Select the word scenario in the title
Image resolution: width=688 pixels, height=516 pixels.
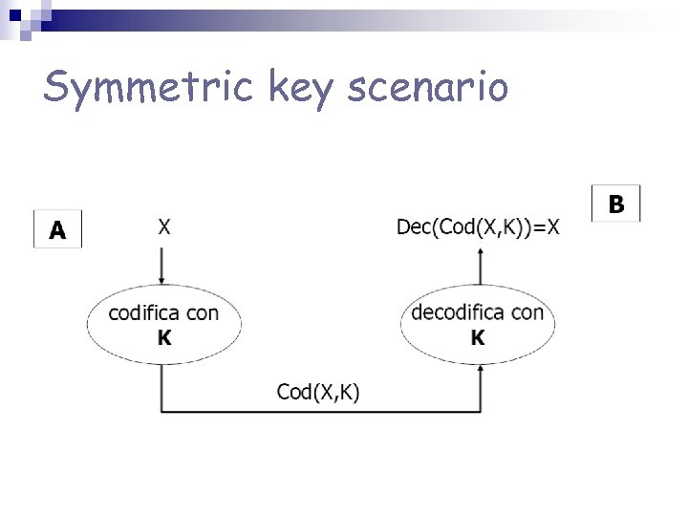pos(427,88)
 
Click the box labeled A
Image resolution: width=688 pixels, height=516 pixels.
pos(57,229)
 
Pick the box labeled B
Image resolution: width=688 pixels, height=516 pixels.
pos(616,204)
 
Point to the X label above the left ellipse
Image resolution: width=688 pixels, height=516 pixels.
pos(163,226)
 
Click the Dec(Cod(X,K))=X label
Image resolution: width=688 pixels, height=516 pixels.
pos(478,226)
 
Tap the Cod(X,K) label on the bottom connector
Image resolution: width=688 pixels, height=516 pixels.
pos(318,392)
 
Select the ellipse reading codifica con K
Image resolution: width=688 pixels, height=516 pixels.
pos(163,325)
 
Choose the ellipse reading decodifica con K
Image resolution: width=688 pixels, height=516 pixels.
pos(477,324)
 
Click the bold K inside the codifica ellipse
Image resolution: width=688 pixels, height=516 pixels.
pos(163,337)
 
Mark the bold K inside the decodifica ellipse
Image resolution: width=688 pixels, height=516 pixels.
pos(477,337)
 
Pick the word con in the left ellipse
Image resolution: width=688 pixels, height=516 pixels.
pos(203,313)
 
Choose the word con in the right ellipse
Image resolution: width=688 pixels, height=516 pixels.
pos(527,312)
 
